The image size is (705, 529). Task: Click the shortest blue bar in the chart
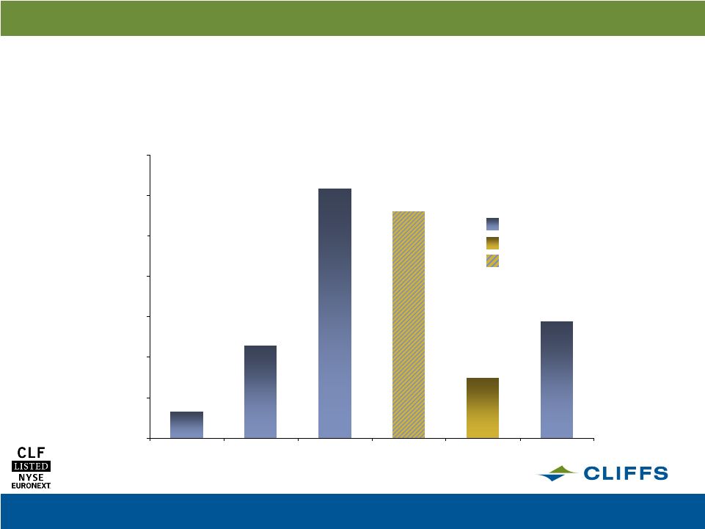click(x=186, y=425)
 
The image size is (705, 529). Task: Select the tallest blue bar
click(x=335, y=313)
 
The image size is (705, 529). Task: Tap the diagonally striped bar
click(x=409, y=324)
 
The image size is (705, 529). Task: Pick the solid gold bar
click(x=483, y=408)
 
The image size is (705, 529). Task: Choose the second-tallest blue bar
click(x=557, y=379)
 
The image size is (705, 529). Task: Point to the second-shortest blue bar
click(x=260, y=392)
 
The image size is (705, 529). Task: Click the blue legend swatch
click(x=492, y=224)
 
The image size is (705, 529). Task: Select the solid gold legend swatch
click(x=492, y=243)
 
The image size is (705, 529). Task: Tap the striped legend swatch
click(x=492, y=261)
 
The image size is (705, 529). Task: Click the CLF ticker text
click(x=31, y=453)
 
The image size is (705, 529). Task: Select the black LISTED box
click(x=31, y=466)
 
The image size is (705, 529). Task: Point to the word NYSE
click(x=31, y=477)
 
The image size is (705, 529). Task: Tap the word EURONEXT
click(x=31, y=486)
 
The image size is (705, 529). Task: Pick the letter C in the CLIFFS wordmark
click(x=593, y=473)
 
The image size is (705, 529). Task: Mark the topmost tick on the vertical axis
click(x=147, y=156)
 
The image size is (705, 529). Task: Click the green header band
click(x=352, y=18)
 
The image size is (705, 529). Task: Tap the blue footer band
click(x=352, y=511)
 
